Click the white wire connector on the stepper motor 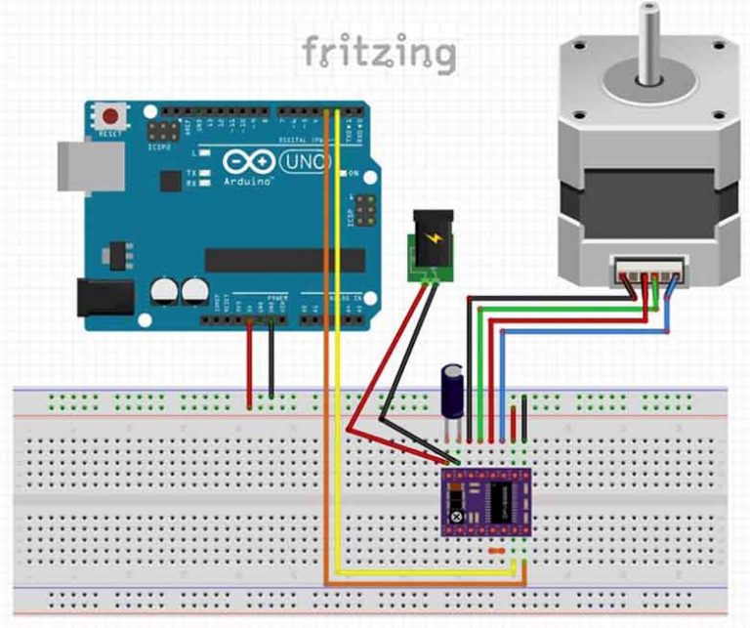647,271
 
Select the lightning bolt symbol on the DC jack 431,238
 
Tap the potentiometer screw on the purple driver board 455,516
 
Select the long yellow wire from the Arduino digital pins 337,342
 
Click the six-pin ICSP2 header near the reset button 160,130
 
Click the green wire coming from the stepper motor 566,311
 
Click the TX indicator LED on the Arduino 193,172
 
